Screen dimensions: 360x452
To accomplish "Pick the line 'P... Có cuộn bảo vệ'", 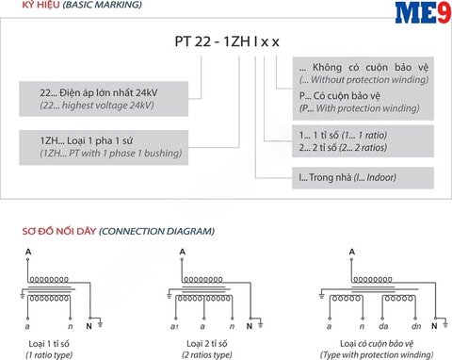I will [x=333, y=96].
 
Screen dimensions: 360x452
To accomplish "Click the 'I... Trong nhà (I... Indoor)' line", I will [x=345, y=177].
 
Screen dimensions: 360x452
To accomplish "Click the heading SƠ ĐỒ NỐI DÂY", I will [x=57, y=231].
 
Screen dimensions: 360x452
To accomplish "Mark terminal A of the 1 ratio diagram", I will [x=28, y=251].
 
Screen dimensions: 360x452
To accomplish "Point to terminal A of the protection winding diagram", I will [x=350, y=251].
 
